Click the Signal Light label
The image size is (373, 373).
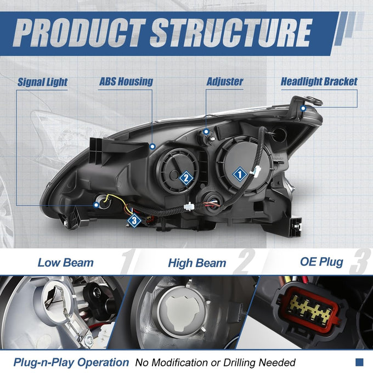[x=43, y=82]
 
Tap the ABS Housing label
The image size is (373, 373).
[x=126, y=82]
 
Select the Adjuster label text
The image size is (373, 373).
[x=225, y=82]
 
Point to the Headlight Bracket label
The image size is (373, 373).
[x=319, y=82]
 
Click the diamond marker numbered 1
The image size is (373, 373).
[x=240, y=174]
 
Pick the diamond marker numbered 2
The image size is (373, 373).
[x=186, y=178]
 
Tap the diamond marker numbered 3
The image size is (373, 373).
[x=134, y=221]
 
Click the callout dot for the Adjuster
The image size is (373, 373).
[x=206, y=131]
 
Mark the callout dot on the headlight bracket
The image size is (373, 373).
[x=303, y=109]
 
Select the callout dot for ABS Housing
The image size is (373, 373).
[x=152, y=146]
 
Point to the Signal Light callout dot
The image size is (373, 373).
[x=96, y=205]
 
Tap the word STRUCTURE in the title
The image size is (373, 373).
[x=231, y=32]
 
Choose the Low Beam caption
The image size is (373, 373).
[x=66, y=263]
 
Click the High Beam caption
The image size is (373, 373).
[x=197, y=263]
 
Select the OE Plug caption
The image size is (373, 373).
[x=321, y=262]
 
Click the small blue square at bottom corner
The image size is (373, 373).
[x=359, y=362]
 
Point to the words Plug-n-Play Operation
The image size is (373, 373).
[x=71, y=363]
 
